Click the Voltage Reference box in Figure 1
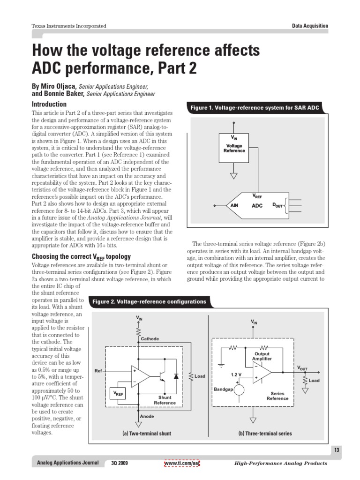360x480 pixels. pyautogui.click(x=233, y=148)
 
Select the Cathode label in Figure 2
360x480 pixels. pyautogui.click(x=150, y=338)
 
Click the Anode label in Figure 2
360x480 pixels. pyautogui.click(x=147, y=416)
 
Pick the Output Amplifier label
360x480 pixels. pyautogui.click(x=262, y=356)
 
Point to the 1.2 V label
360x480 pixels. pyautogui.click(x=236, y=375)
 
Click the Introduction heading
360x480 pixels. pyautogui.click(x=49, y=104)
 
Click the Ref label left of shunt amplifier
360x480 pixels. pyautogui.click(x=98, y=371)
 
